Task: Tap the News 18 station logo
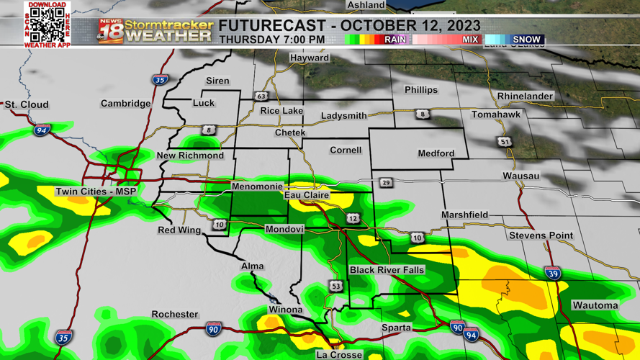pos(110,31)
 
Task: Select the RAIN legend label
pos(395,40)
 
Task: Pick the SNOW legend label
pos(526,40)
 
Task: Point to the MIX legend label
pos(470,40)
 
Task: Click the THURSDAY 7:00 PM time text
pos(271,40)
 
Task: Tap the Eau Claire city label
pos(307,195)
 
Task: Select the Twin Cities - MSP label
pos(96,192)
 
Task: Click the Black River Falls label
pos(387,270)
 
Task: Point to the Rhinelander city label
pos(525,96)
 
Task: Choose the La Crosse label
pos(339,355)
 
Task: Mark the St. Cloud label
pos(27,105)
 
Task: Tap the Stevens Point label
pos(541,235)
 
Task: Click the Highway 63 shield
pos(261,96)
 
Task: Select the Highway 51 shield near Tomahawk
pos(505,142)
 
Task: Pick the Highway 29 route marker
pos(387,183)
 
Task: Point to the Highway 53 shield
pos(335,287)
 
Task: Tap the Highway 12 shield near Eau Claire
pos(352,218)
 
